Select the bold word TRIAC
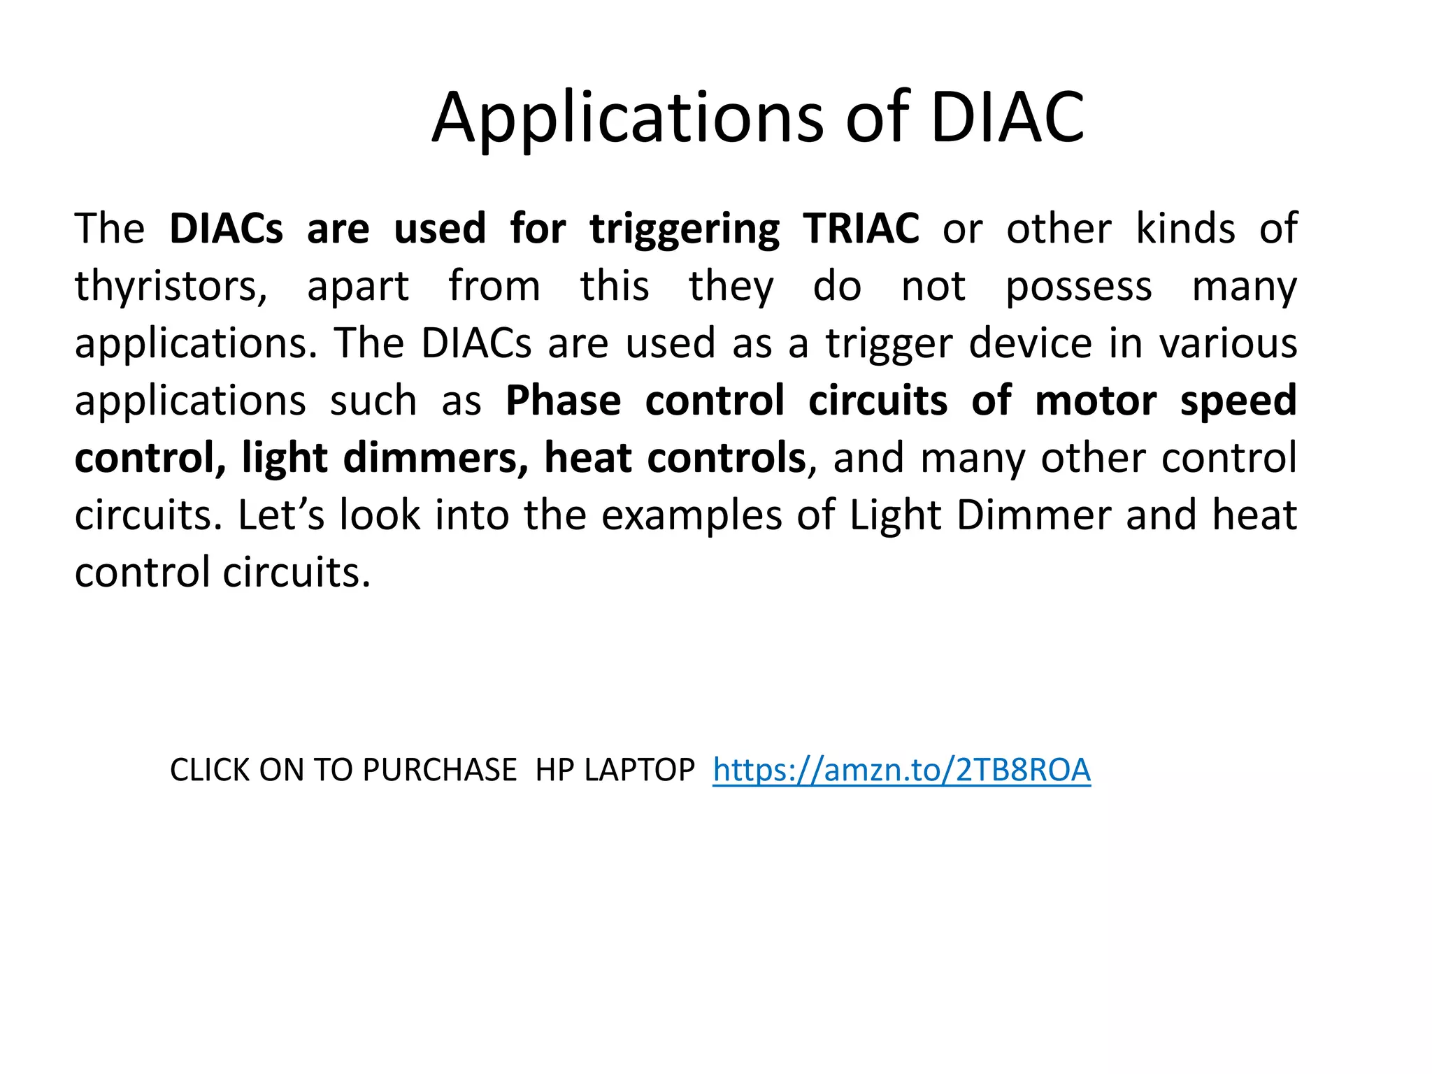click(x=861, y=229)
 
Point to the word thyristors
click(x=171, y=287)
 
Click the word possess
click(x=1078, y=287)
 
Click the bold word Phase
click(x=563, y=401)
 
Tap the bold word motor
click(x=1095, y=401)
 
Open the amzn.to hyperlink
click(x=901, y=771)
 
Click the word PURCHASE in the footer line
click(x=439, y=771)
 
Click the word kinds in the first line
click(x=1185, y=229)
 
